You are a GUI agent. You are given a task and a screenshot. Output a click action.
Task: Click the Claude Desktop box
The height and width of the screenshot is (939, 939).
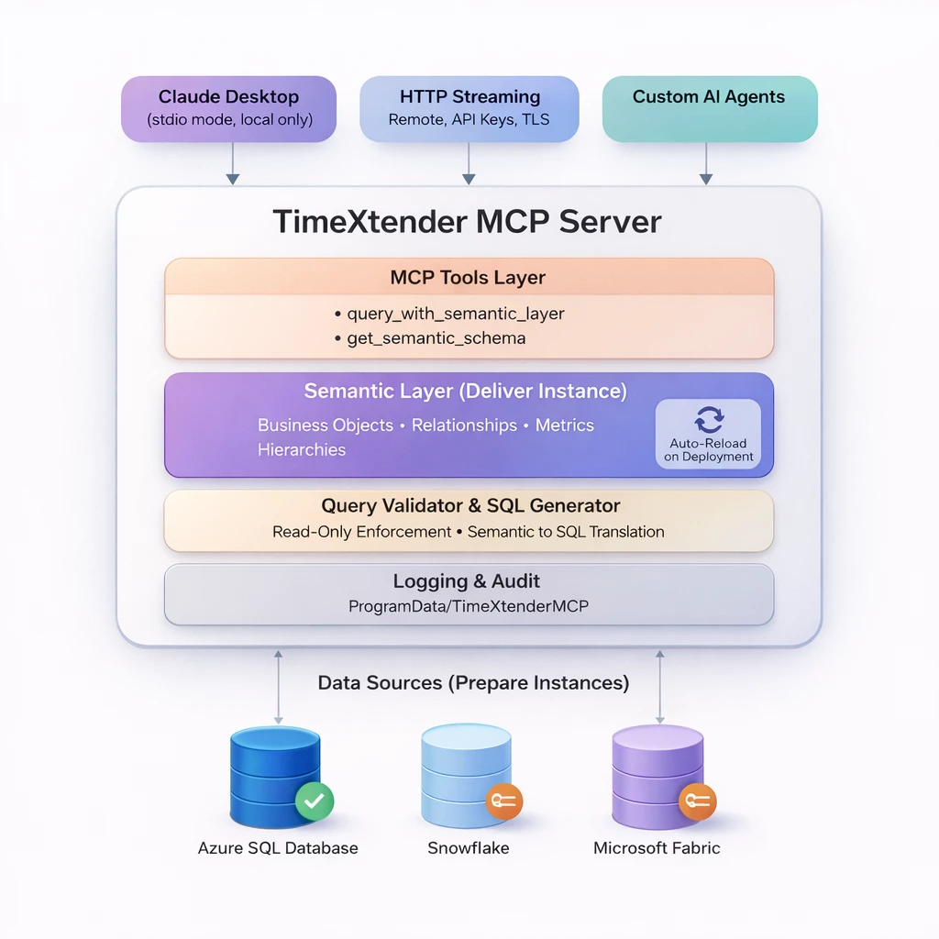point(229,108)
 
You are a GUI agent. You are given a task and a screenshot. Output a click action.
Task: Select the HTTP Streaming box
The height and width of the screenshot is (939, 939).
point(469,108)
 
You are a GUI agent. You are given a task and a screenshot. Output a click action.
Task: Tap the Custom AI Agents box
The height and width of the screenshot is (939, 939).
point(709,108)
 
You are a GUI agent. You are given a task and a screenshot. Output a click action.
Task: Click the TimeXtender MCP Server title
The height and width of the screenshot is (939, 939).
point(468,222)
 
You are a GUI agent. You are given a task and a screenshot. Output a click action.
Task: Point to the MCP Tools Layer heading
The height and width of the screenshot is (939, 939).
point(468,278)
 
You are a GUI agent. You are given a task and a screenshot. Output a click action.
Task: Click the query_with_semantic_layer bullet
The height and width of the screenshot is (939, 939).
point(455,314)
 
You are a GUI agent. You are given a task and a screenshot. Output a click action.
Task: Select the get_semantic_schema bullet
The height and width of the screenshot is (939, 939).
point(436,338)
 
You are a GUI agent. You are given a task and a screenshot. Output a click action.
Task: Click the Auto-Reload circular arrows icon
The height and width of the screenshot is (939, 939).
point(709,420)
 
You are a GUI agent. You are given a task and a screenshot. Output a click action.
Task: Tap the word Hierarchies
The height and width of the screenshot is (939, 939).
point(302,450)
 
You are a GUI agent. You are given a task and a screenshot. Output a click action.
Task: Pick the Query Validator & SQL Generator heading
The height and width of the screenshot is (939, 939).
point(469,506)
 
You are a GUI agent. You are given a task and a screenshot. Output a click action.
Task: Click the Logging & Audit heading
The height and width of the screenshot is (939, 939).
point(467,581)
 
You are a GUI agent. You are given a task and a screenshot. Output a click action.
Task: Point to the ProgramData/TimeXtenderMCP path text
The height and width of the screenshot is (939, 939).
point(468,606)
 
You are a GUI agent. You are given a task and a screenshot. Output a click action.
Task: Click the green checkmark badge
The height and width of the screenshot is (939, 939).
point(314,801)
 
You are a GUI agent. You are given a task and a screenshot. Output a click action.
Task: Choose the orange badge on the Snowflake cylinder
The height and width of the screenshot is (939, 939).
point(503,801)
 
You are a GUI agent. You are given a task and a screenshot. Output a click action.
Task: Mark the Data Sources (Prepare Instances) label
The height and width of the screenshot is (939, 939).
point(473,683)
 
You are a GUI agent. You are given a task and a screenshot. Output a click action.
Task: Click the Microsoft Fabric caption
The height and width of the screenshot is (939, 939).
point(657,848)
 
